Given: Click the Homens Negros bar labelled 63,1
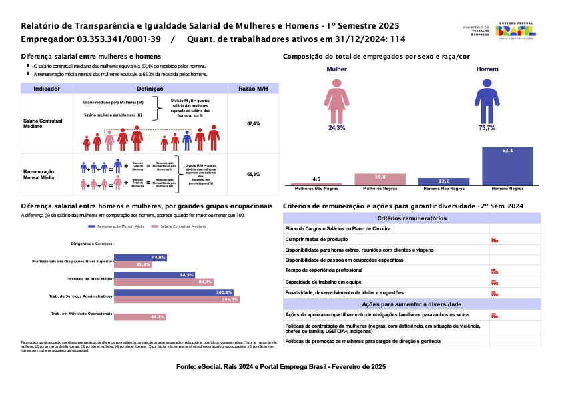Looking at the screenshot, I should pyautogui.click(x=507, y=165).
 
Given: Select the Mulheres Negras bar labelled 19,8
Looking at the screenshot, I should pyautogui.click(x=380, y=179).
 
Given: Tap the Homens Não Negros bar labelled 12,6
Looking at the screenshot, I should pyautogui.click(x=443, y=181).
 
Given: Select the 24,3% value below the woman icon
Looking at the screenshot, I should pyautogui.click(x=336, y=127).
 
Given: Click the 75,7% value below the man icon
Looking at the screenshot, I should pyautogui.click(x=487, y=127).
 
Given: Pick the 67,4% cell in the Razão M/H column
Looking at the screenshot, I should pyautogui.click(x=253, y=124).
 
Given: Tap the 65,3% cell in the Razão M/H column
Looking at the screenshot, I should pyautogui.click(x=253, y=174).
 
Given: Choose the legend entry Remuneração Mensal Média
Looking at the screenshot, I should pyautogui.click(x=117, y=227).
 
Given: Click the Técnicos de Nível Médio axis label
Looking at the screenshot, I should pyautogui.click(x=89, y=279).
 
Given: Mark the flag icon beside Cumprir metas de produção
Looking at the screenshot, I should pyautogui.click(x=494, y=240).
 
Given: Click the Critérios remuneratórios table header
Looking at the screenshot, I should pyautogui.click(x=412, y=218).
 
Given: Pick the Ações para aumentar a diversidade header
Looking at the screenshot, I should pyautogui.click(x=412, y=304).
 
